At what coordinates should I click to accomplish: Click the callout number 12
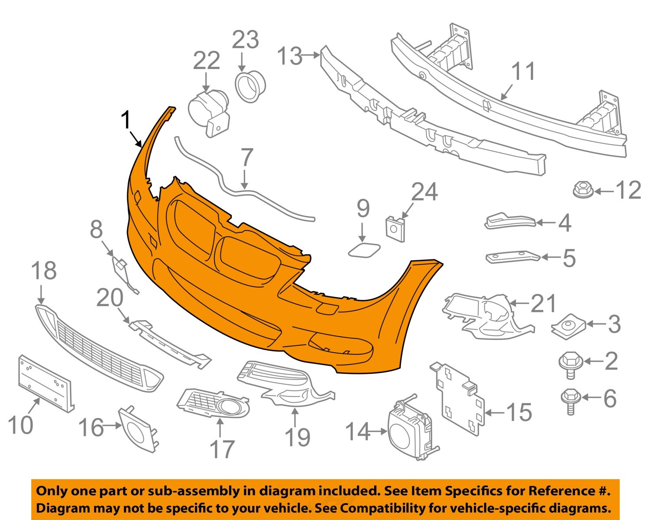pos(628,190)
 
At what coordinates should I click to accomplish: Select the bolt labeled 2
pos(568,362)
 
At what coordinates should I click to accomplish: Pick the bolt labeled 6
pos(569,400)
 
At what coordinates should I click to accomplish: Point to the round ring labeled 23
pos(250,87)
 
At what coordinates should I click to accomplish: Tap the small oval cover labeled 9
pos(363,251)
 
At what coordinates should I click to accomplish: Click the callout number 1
pos(125,120)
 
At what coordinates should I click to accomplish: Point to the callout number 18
pos(44,271)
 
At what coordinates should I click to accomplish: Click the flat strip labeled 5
pos(512,257)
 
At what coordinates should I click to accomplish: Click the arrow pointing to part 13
pos(312,55)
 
